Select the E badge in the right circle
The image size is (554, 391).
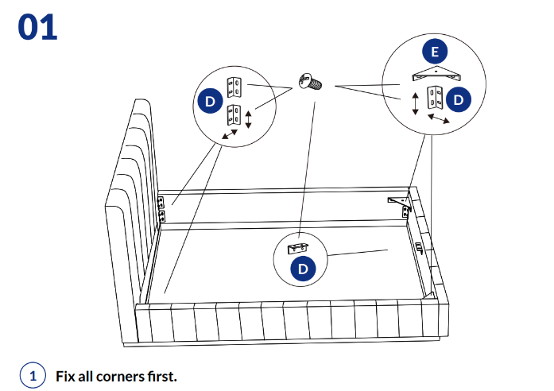click(x=434, y=53)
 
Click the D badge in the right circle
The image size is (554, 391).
click(x=459, y=99)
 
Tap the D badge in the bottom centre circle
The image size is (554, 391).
click(x=303, y=269)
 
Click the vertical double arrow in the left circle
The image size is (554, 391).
click(x=248, y=119)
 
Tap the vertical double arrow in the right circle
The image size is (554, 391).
click(x=415, y=103)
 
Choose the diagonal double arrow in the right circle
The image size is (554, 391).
click(x=439, y=118)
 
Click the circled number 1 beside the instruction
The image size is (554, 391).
click(x=33, y=374)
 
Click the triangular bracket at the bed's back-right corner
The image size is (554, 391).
click(x=397, y=200)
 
